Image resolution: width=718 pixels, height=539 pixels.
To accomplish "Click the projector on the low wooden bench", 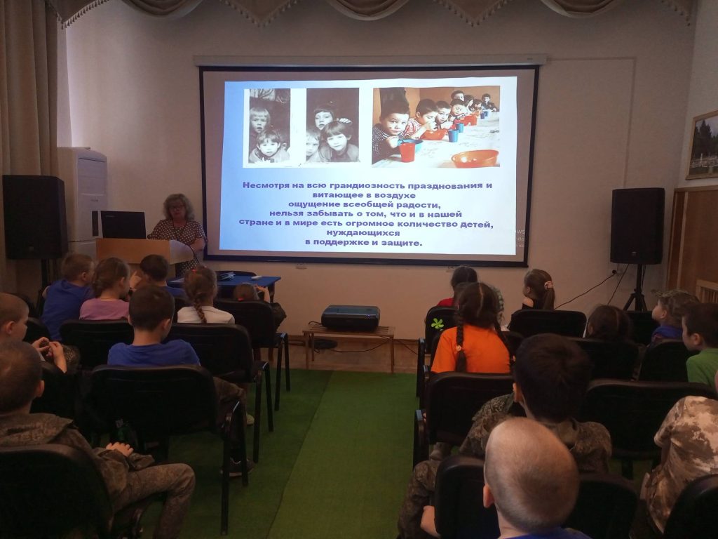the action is (x=351, y=318).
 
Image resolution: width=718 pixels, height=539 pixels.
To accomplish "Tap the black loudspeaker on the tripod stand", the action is (x=637, y=225).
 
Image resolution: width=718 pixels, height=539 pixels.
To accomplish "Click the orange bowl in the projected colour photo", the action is (x=475, y=159).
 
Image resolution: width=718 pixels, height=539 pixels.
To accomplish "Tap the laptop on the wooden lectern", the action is (x=123, y=225).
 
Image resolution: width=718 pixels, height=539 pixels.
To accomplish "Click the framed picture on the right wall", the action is (x=703, y=145).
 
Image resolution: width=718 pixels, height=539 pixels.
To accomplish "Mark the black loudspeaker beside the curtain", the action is (x=34, y=216).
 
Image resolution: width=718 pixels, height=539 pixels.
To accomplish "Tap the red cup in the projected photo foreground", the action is (x=407, y=152).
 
